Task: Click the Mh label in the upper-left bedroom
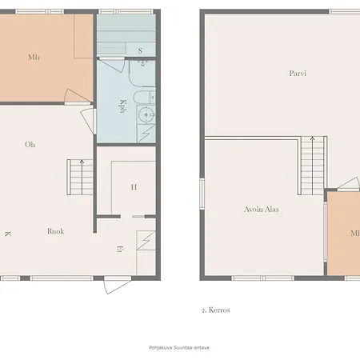pos(33,57)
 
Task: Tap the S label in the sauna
pos(140,51)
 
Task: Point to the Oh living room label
pos(30,145)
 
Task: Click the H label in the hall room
pos(134,187)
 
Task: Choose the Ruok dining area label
pos(55,231)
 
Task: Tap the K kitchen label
pos(7,234)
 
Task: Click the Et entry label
pos(120,250)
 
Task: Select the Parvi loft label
pos(298,74)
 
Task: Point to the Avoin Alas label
pos(261,209)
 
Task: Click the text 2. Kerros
pos(216,309)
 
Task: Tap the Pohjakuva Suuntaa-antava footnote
pos(179,346)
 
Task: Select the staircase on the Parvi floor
pos(311,164)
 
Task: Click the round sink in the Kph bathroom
pos(146,115)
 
